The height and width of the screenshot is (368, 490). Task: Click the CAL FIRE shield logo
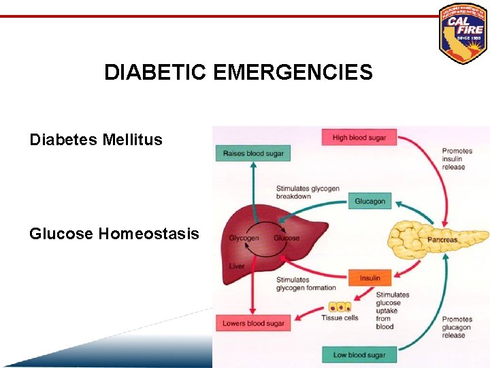tap(463, 33)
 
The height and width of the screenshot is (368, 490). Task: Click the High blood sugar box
tap(359, 138)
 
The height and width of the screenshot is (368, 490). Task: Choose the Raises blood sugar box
tap(253, 153)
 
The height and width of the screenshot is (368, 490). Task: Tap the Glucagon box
tap(370, 201)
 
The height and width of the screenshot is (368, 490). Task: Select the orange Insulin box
tap(370, 278)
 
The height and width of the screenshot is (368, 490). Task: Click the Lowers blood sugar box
tap(253, 323)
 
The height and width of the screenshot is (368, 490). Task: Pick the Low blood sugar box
tap(359, 354)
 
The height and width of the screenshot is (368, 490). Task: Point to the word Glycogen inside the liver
tap(244, 238)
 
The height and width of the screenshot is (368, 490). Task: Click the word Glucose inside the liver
tap(287, 238)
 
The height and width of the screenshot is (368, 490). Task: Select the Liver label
tap(236, 266)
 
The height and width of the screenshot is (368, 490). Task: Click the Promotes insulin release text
tap(457, 159)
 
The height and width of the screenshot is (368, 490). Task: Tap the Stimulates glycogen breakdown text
tap(308, 192)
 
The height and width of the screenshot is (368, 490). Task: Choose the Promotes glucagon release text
tap(457, 327)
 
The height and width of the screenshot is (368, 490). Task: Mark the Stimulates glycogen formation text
tap(306, 283)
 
